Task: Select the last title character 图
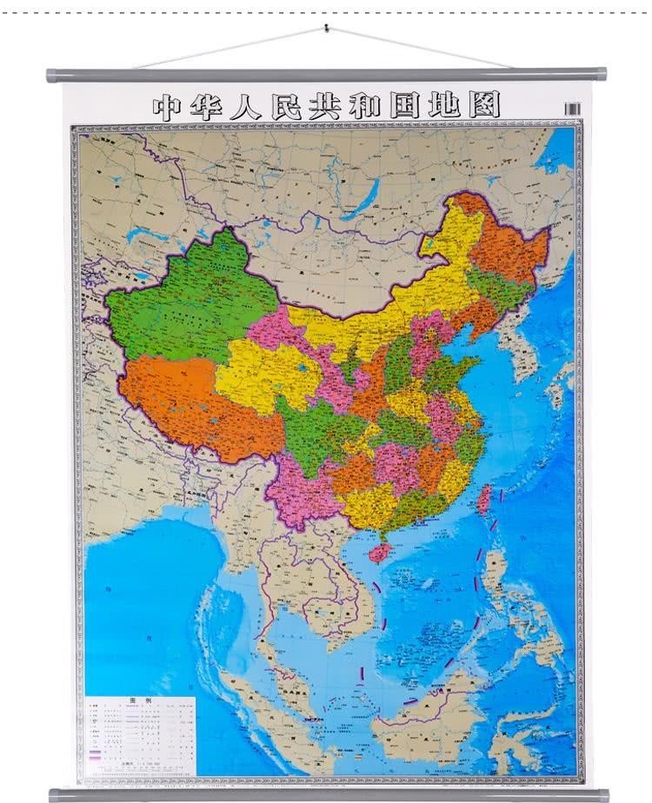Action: [487, 107]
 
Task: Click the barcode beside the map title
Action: [571, 109]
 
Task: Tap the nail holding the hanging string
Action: [326, 28]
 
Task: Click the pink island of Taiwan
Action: [484, 498]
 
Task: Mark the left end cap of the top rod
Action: [53, 76]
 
